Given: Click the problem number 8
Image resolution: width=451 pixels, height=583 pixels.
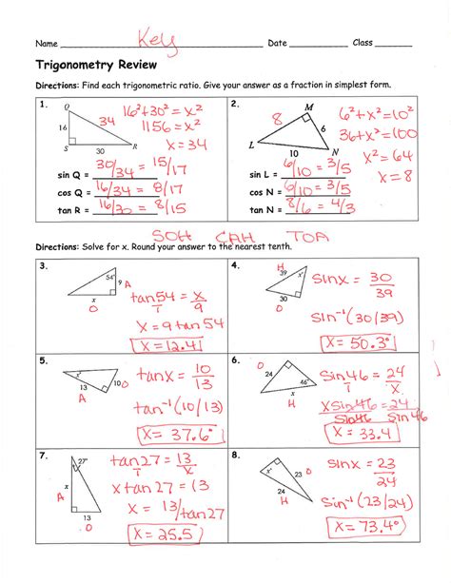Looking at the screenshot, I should coord(234,456).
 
